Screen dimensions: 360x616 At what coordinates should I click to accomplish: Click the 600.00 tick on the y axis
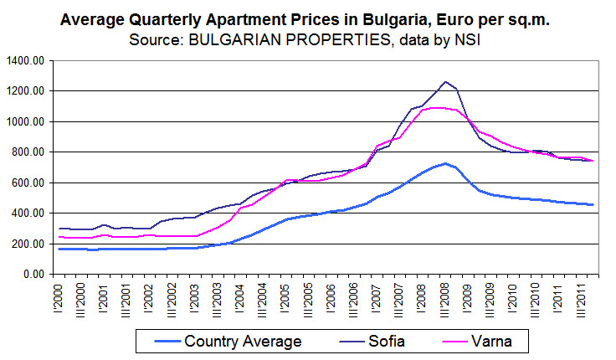26,183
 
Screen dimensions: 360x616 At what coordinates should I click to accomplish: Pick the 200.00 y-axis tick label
26,244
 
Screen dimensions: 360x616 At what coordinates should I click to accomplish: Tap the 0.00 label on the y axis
32,274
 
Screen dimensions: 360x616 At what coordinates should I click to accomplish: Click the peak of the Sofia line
445,82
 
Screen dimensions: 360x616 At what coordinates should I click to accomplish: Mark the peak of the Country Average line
445,163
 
